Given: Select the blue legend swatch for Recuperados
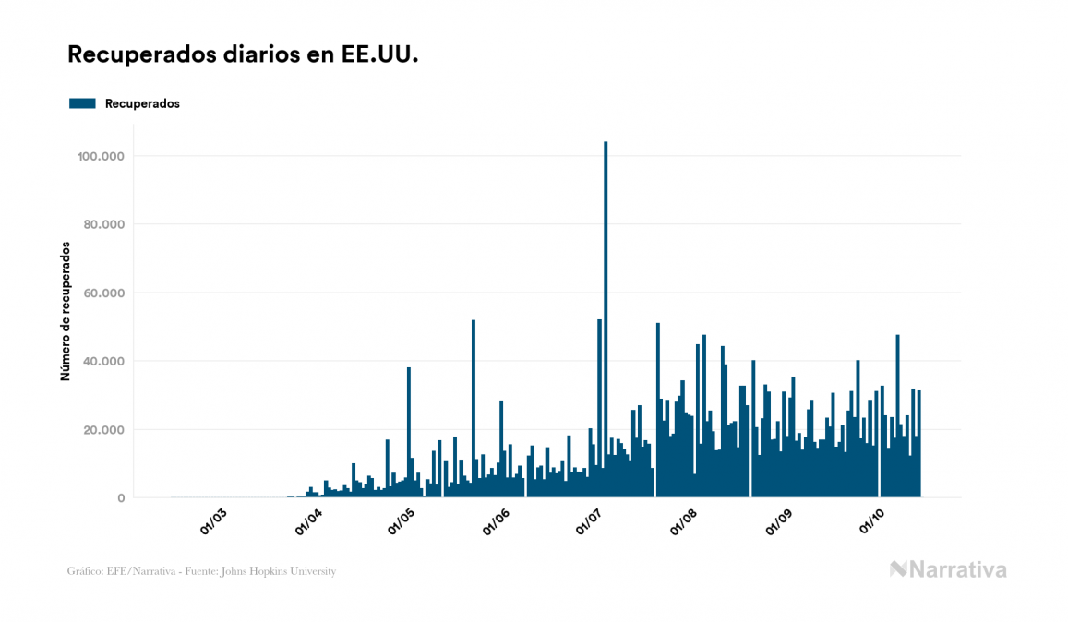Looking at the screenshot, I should pos(82,103).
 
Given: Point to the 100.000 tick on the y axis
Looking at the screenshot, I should pos(101,156).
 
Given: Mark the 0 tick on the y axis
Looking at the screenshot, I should pos(121,498).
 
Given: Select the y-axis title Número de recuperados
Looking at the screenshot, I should pos(66,311).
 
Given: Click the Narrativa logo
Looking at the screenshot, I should pos(948,569).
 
